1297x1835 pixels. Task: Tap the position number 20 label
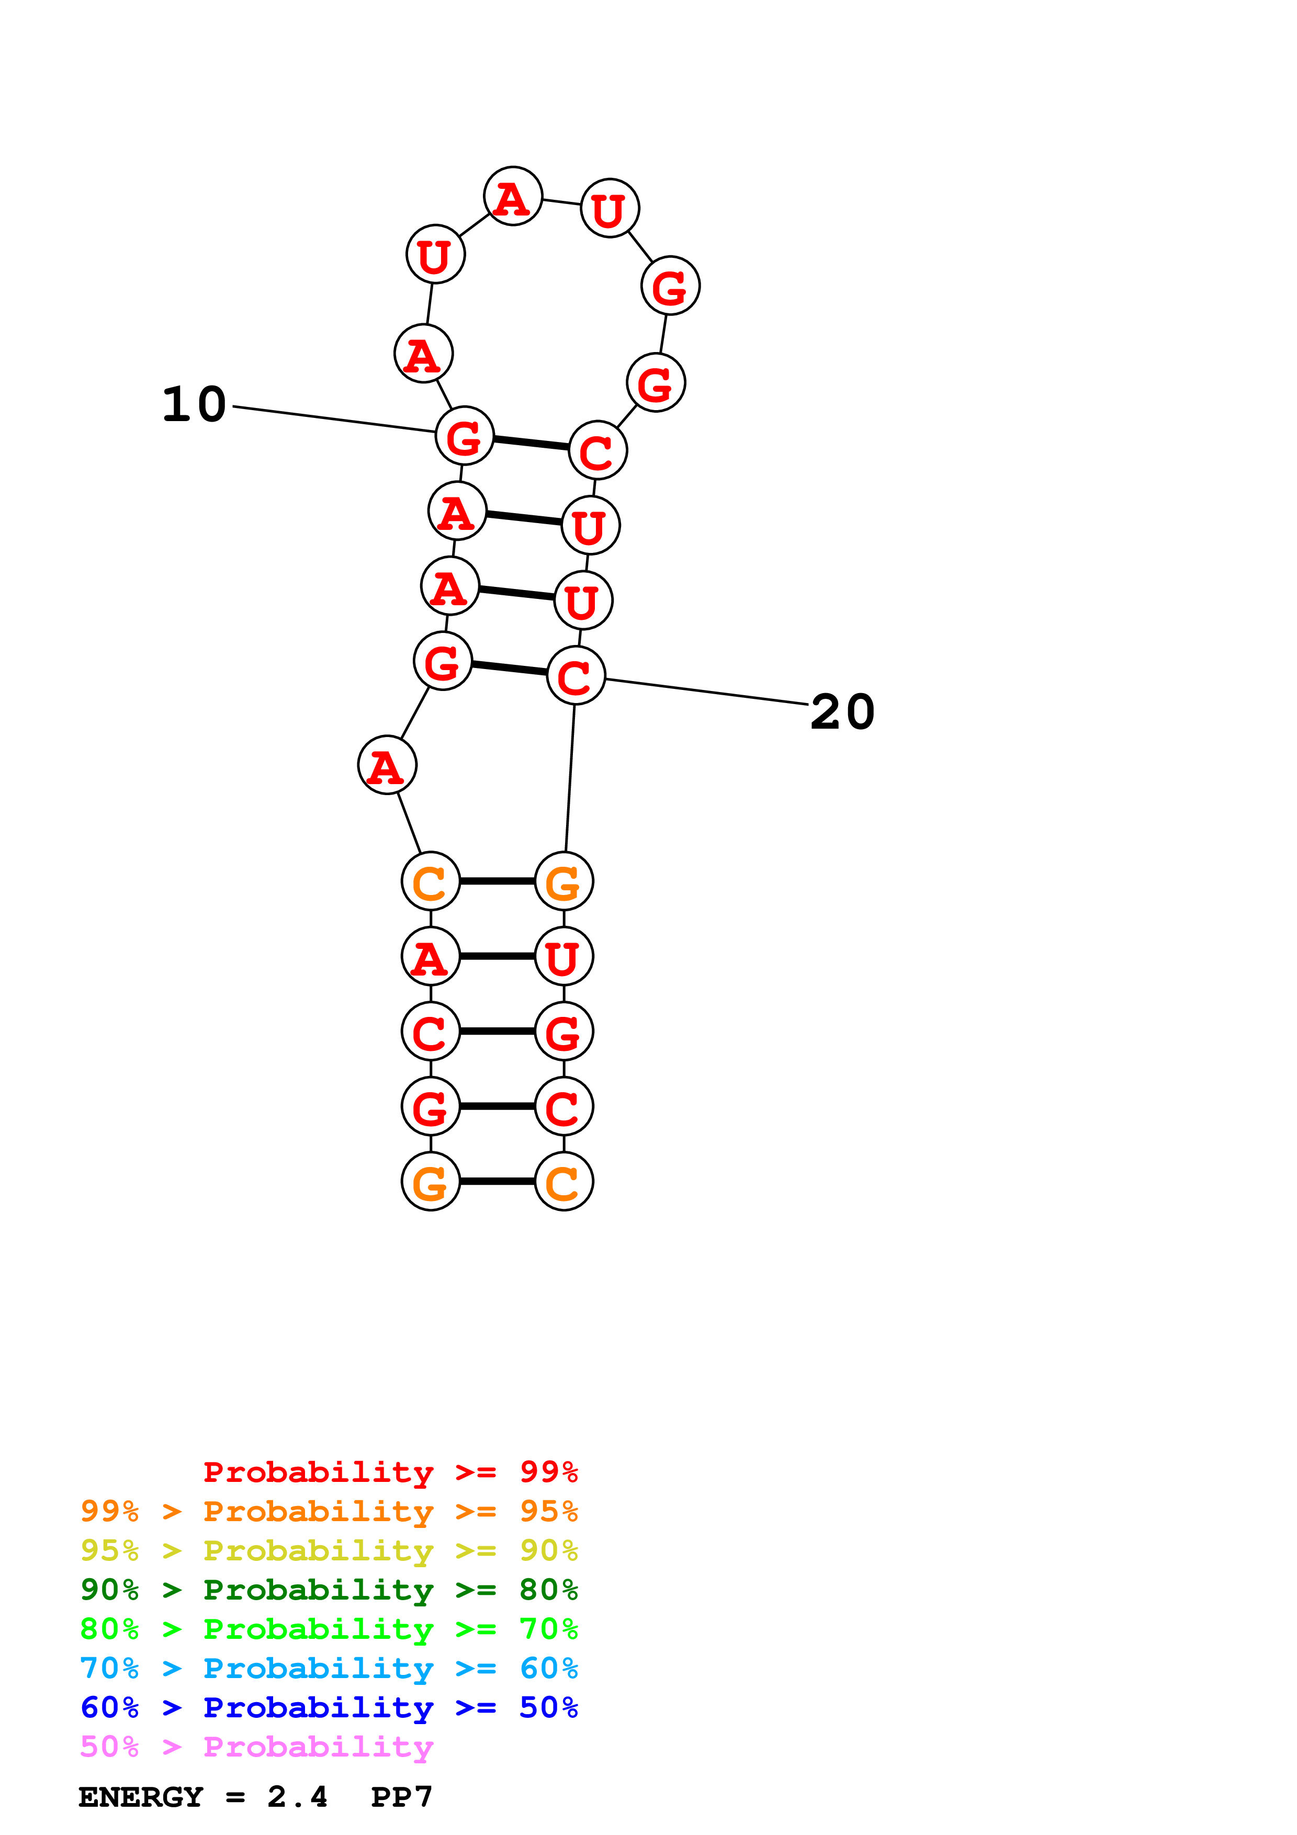(842, 712)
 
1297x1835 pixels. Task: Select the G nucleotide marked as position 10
(464, 436)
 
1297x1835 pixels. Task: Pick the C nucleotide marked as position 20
(576, 676)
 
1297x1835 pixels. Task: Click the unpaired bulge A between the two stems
(387, 766)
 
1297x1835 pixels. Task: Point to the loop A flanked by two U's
(513, 197)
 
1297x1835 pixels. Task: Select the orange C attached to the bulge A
(431, 881)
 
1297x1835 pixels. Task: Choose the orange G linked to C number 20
(563, 881)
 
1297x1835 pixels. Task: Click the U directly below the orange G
(563, 957)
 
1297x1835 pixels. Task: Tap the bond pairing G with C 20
(509, 668)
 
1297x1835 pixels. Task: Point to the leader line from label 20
(707, 692)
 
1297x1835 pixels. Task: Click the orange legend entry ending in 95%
(329, 1511)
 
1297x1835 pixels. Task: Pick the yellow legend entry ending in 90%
(329, 1550)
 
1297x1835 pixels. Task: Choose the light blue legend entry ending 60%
(329, 1668)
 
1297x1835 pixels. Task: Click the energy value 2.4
(297, 1797)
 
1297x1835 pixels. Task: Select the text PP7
(401, 1797)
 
